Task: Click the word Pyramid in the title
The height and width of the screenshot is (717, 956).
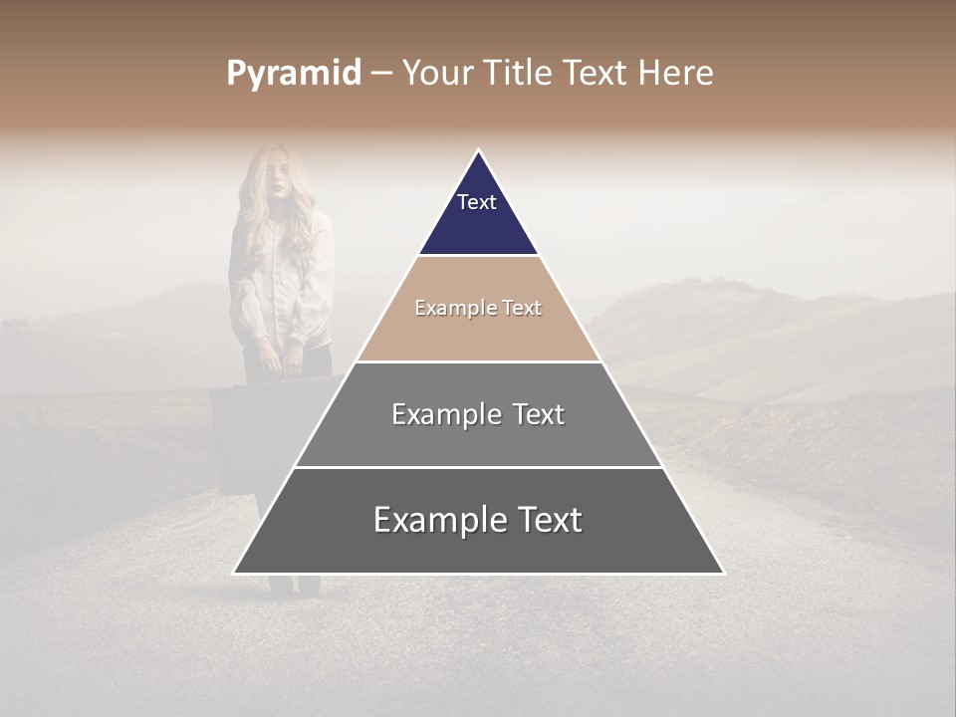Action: pos(293,74)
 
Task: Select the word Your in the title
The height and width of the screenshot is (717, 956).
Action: pos(436,73)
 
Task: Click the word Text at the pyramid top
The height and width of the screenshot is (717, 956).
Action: pos(477,202)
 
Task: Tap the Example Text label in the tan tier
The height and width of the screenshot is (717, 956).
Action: pos(478,308)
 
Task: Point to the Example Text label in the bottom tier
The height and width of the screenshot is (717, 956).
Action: pos(478,520)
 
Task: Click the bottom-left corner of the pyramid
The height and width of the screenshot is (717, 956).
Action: pos(235,572)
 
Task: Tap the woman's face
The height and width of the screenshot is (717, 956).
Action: pos(278,179)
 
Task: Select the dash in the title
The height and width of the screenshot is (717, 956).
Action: pos(381,74)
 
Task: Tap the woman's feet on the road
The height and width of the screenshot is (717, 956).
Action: pos(295,588)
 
